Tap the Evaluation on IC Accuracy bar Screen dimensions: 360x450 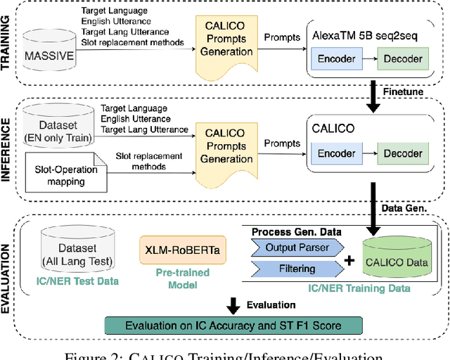click(232, 326)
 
